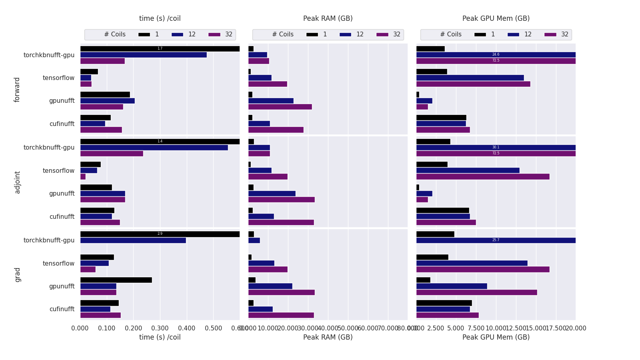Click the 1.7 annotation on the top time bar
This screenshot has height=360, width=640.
tap(160, 48)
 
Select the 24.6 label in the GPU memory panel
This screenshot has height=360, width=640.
tap(496, 54)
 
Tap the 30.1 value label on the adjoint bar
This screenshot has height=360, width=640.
tap(496, 147)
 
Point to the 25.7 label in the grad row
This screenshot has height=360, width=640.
tap(496, 240)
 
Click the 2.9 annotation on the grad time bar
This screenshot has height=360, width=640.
tap(160, 234)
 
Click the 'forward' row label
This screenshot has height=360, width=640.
tap(17, 90)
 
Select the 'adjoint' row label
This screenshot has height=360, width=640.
tap(17, 182)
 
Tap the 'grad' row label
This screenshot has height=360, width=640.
tap(17, 275)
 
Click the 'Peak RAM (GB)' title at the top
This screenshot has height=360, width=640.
tap(328, 18)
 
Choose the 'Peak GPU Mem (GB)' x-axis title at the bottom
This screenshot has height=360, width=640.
tap(496, 337)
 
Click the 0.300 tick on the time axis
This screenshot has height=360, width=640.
tap(160, 328)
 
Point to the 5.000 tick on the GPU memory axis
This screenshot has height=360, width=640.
tap(456, 328)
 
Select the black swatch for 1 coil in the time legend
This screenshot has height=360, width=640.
tap(144, 35)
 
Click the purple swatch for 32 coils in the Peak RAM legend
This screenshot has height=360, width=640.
tap(382, 35)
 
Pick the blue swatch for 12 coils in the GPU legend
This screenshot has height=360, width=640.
tap(513, 35)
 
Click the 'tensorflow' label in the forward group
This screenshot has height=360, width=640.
tap(58, 78)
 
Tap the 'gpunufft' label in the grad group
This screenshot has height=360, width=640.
tap(62, 286)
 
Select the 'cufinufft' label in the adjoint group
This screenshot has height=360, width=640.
tap(62, 216)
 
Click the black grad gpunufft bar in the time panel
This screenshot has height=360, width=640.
tap(116, 280)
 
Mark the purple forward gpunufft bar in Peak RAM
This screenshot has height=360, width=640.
tap(280, 107)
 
